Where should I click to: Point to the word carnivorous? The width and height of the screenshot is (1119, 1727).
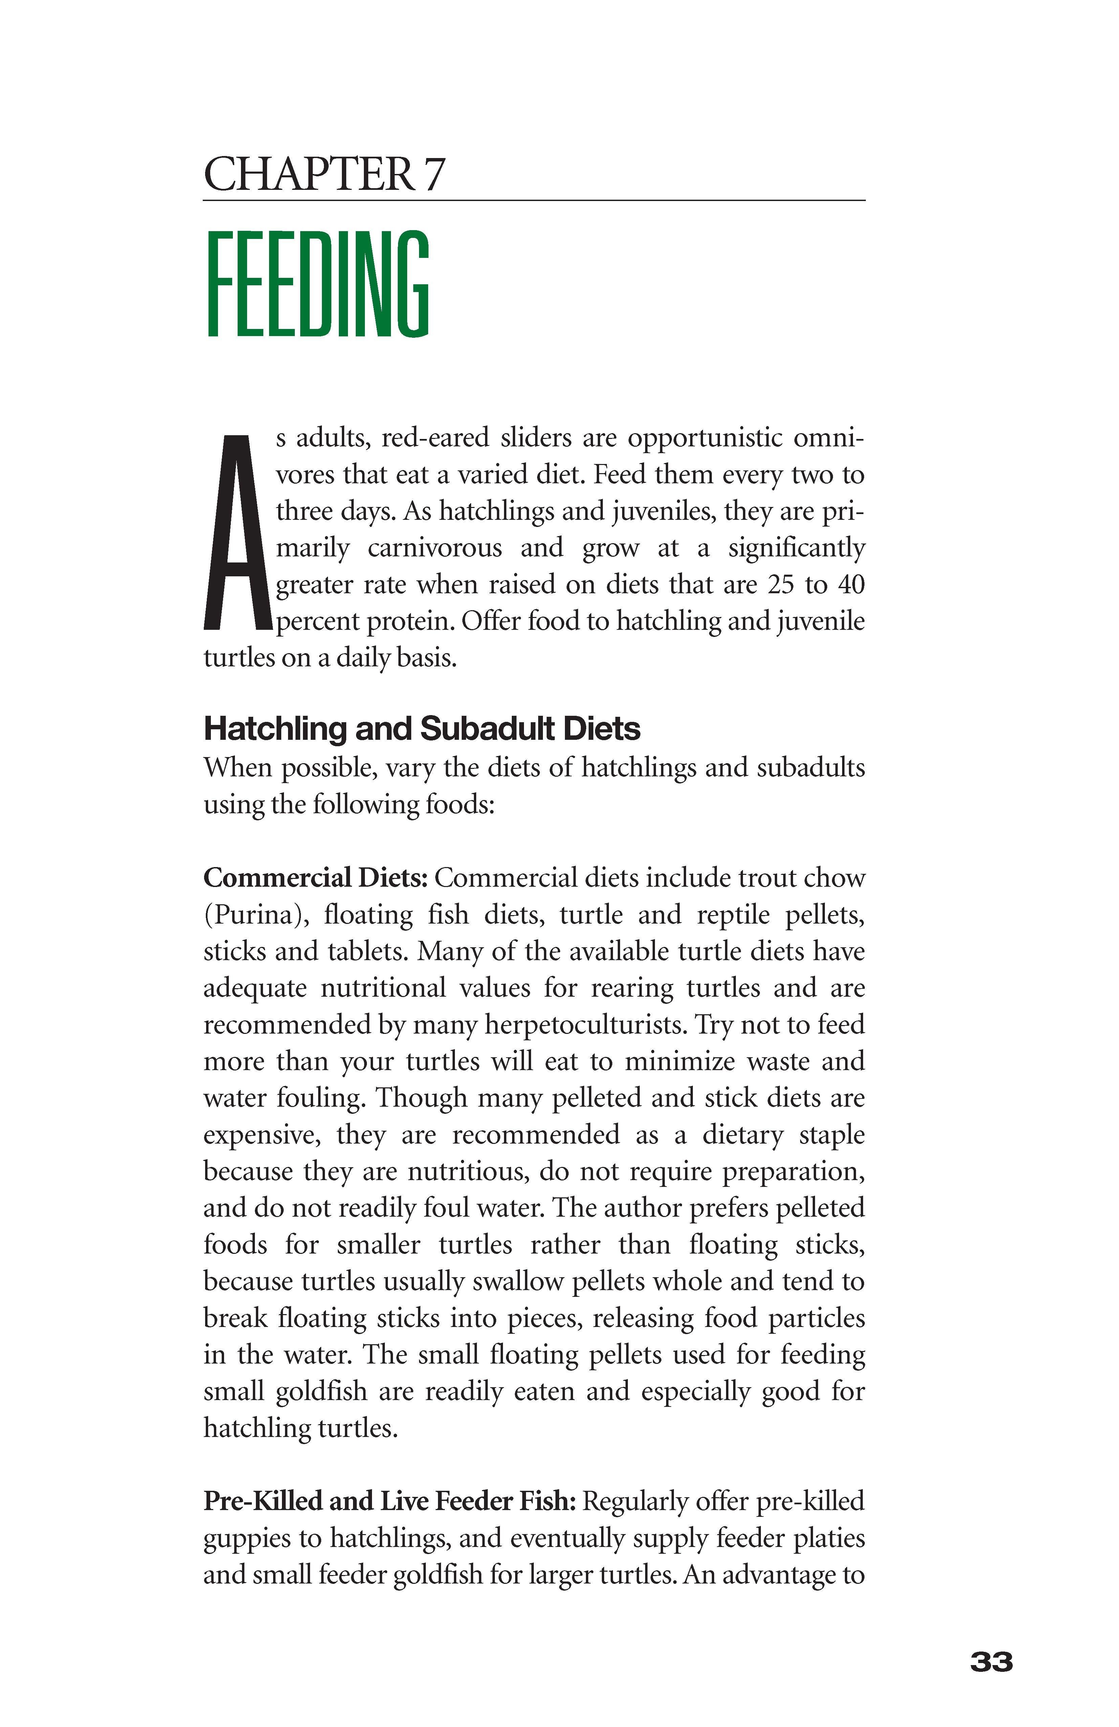434,548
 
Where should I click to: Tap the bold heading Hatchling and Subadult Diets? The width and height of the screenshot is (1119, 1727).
422,729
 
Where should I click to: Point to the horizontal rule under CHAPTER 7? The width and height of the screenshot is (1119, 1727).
534,200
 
